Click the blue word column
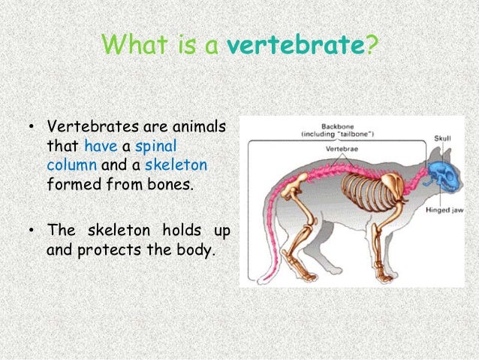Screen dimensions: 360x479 (x=71, y=164)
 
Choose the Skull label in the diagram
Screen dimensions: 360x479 (x=443, y=138)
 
